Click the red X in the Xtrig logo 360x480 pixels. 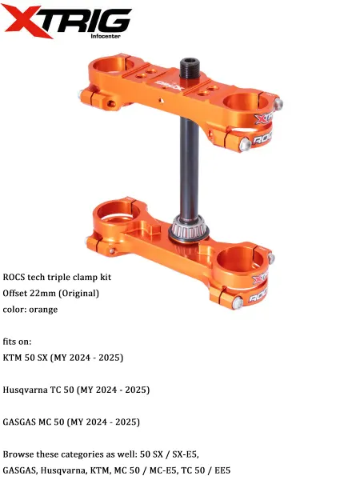coord(28,21)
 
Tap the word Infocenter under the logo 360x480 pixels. coord(106,36)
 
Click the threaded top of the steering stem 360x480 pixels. coord(190,68)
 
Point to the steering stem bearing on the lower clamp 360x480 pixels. coord(189,230)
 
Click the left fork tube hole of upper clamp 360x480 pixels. coord(113,65)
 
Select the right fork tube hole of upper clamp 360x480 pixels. coord(246,102)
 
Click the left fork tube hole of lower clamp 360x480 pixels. coord(117,212)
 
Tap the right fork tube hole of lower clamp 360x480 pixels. coord(240,259)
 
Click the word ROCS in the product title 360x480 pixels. coord(14,277)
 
